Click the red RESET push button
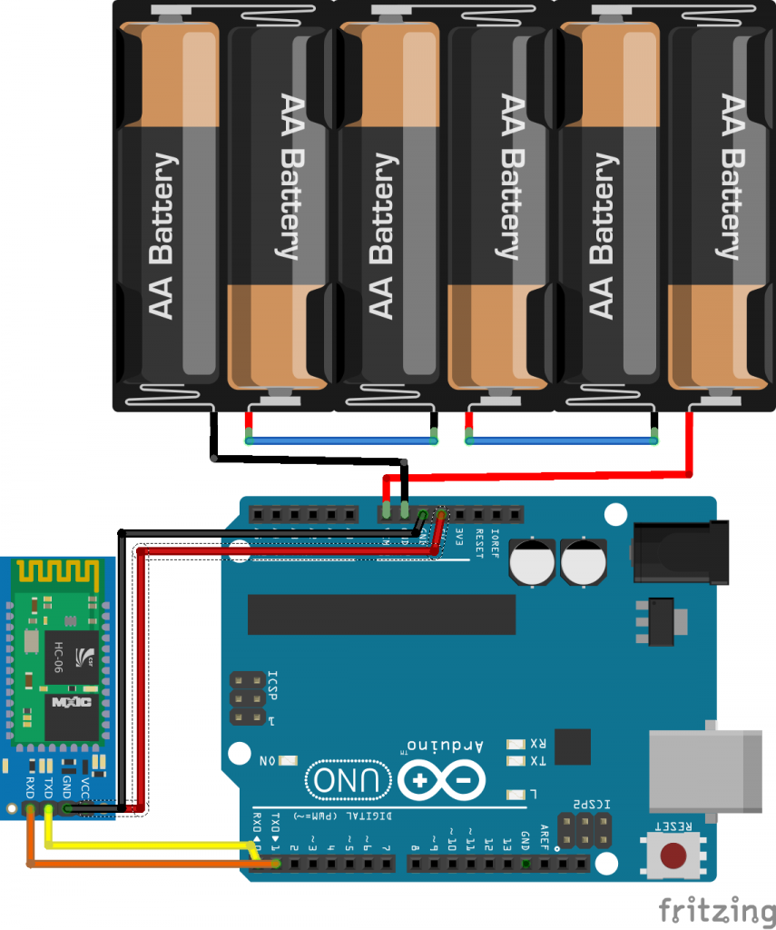coord(673,855)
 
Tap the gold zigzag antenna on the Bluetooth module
coord(56,574)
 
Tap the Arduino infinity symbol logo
coord(440,779)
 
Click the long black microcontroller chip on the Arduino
coord(382,615)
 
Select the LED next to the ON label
coord(290,760)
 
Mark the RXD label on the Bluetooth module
coord(30,787)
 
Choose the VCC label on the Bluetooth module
coord(85,787)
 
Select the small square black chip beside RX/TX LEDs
coord(572,747)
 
